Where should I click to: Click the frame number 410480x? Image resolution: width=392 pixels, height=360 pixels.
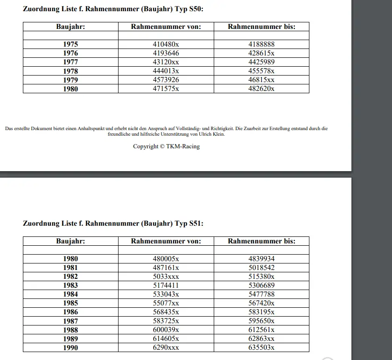[166, 44]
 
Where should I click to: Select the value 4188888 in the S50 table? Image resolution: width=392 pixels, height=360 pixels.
[261, 44]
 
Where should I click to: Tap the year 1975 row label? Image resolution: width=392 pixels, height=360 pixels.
[70, 44]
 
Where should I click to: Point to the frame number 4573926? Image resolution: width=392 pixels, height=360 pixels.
[166, 80]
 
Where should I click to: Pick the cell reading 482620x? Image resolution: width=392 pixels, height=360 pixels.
[261, 89]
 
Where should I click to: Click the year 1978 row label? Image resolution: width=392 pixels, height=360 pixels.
[70, 71]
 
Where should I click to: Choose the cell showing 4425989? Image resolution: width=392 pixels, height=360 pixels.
[261, 62]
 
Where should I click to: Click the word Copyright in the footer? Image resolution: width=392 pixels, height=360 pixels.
[146, 146]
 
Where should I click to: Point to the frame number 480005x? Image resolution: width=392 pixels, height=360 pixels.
[166, 258]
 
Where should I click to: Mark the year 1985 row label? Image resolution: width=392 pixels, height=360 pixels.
[70, 303]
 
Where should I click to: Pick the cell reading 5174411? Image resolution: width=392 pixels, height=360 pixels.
[166, 285]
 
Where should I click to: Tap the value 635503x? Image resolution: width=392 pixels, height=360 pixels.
[261, 347]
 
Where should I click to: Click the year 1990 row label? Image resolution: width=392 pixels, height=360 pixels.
[70, 347]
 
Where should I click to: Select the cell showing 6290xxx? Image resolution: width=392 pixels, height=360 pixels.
[166, 347]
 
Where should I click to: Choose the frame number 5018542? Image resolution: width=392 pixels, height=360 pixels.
[261, 268]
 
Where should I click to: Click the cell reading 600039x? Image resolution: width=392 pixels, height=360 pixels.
[166, 330]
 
